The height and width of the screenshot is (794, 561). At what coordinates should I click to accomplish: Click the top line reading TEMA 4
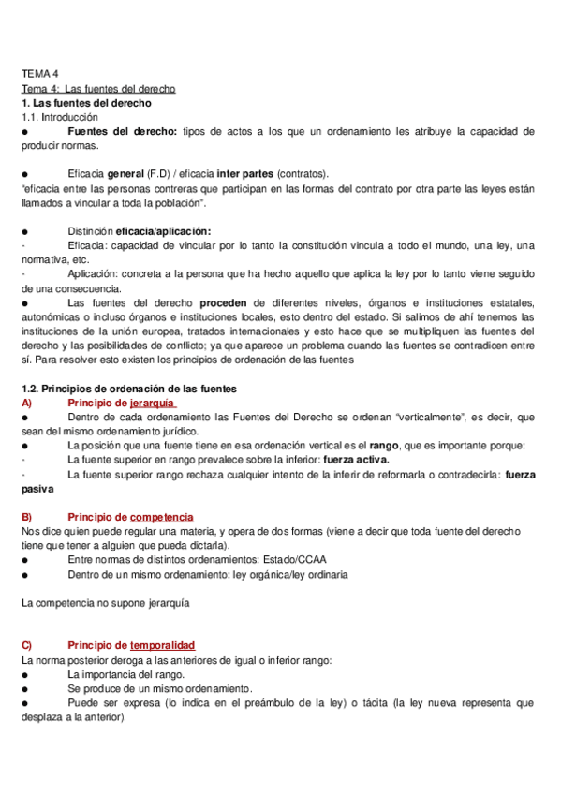click(39, 73)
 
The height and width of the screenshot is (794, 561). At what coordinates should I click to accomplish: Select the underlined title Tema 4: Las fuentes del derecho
click(98, 89)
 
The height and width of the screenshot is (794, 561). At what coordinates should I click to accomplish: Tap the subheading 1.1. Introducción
click(59, 118)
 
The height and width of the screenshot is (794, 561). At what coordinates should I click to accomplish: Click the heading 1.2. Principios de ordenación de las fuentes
click(129, 388)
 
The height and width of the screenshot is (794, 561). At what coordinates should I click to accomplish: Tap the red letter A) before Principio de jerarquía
click(26, 402)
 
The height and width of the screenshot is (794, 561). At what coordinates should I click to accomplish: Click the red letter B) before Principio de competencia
click(26, 517)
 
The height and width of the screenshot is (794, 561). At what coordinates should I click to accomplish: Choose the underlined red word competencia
click(161, 517)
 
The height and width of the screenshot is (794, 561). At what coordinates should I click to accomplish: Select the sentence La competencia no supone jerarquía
click(105, 603)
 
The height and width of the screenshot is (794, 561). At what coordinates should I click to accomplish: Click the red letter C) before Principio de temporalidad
click(26, 646)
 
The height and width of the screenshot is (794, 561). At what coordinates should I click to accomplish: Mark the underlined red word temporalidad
click(162, 646)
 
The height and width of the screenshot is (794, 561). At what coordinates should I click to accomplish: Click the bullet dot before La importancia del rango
click(25, 674)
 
